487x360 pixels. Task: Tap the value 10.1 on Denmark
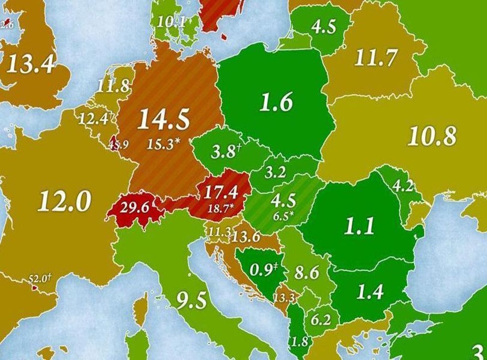click(171, 22)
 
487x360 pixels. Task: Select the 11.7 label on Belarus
click(375, 59)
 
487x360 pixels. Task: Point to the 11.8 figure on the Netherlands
click(113, 86)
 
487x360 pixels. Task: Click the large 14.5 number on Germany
click(164, 120)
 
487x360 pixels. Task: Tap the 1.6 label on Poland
click(276, 103)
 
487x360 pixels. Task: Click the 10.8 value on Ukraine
click(431, 136)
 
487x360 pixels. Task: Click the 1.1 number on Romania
click(359, 227)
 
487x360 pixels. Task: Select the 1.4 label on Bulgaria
click(370, 292)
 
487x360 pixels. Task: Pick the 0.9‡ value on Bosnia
click(262, 270)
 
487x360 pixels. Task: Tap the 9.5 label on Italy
click(191, 301)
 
